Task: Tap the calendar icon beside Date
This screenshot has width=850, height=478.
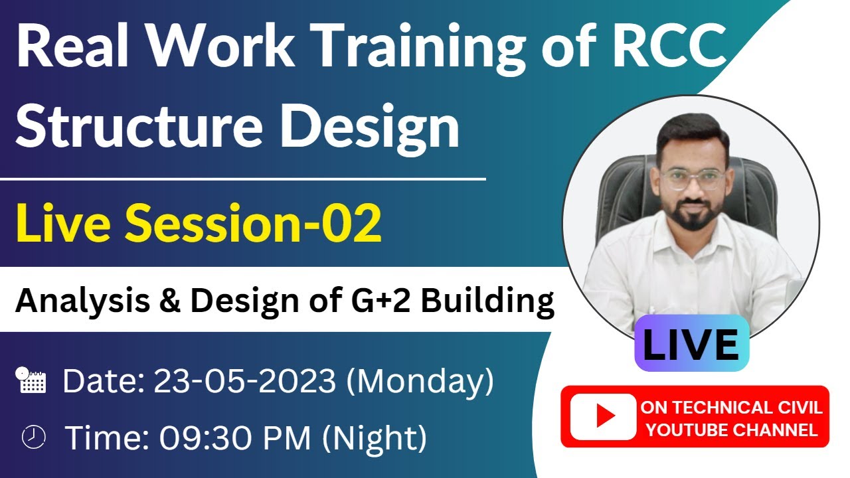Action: point(31,380)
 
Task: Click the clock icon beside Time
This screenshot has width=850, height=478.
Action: point(33,436)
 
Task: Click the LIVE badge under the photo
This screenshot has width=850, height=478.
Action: point(691,344)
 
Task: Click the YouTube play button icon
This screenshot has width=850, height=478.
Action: point(604,416)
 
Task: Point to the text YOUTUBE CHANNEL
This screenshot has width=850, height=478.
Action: point(732,430)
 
